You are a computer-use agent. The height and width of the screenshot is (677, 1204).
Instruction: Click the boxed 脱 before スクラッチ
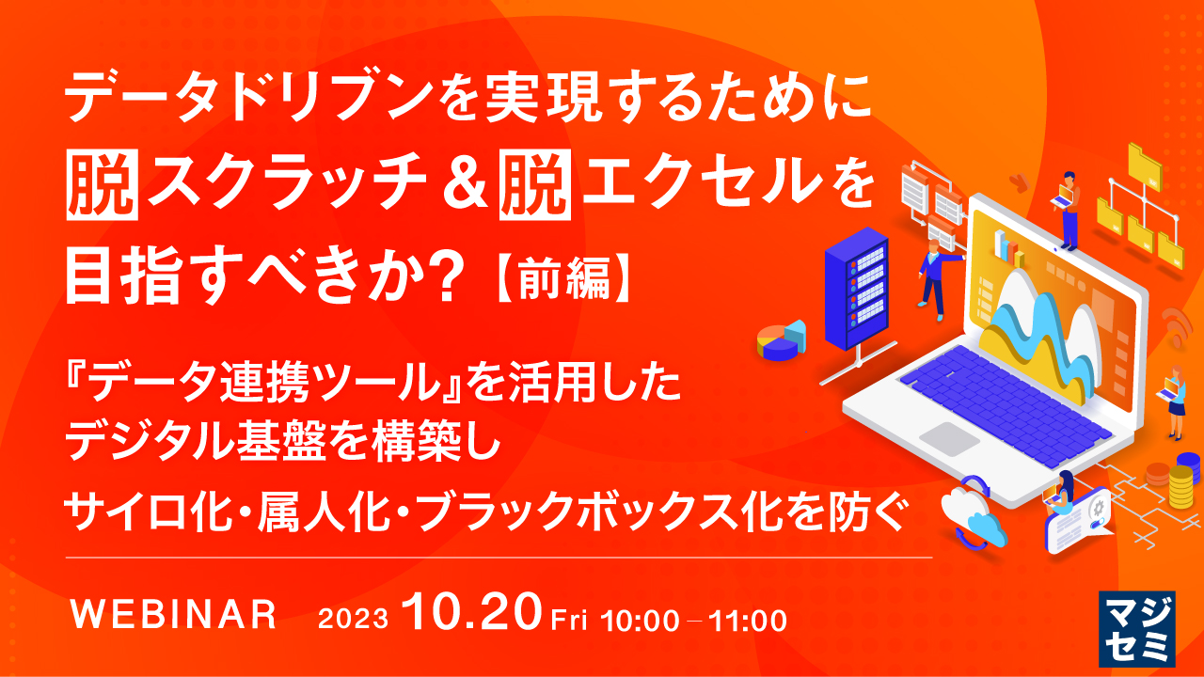pyautogui.click(x=104, y=177)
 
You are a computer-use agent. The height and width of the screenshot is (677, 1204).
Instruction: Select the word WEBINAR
pyautogui.click(x=175, y=617)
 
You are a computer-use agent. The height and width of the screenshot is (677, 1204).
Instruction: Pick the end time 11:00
pyautogui.click(x=750, y=620)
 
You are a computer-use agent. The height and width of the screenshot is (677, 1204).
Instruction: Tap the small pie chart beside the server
pyautogui.click(x=781, y=340)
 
